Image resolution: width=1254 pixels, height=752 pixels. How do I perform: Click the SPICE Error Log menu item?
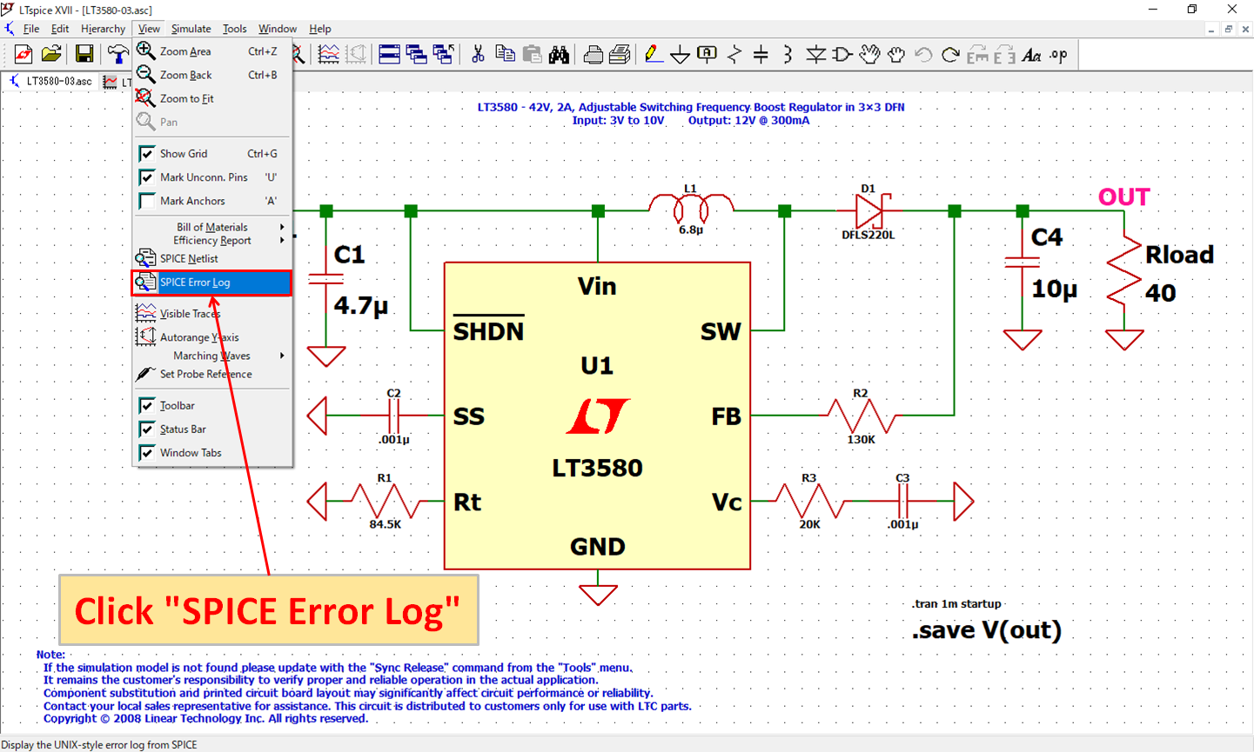pos(195,283)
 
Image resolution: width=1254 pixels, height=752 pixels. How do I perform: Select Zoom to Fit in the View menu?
pos(186,99)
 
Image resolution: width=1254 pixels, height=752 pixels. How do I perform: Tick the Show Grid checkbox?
pos(147,154)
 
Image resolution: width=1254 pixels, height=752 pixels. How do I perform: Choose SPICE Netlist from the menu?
pos(189,259)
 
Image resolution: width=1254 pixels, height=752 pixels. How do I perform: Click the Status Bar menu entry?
pos(183,429)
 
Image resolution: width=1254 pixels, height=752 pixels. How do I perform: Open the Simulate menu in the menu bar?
pos(191,29)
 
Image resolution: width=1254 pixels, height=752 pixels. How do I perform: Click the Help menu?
pos(319,29)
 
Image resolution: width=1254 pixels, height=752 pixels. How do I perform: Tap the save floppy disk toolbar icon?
pos(84,55)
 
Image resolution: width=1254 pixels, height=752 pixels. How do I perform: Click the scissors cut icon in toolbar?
pos(478,55)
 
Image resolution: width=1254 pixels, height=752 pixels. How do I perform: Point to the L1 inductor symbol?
pos(691,207)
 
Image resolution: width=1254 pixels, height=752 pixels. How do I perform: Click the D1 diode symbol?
pos(869,210)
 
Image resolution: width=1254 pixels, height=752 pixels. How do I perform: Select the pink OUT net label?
pos(1123,197)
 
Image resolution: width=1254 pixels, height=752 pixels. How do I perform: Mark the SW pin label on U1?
pos(721,331)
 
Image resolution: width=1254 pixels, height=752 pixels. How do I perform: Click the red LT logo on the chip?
pos(598,416)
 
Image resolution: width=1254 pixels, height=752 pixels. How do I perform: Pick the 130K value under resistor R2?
pos(861,440)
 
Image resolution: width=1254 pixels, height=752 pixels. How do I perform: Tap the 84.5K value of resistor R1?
pos(385,525)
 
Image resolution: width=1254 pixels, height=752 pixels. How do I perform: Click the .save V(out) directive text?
pos(987,630)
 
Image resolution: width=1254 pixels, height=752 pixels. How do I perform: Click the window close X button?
pos(1232,10)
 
